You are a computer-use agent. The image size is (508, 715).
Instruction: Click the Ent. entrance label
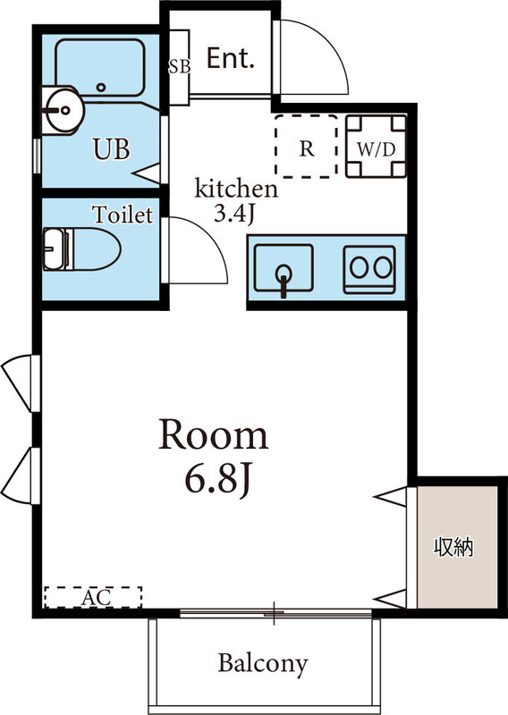[231, 59]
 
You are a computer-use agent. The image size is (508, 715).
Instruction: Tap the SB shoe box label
[178, 66]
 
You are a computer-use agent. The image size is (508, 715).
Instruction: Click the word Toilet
[123, 214]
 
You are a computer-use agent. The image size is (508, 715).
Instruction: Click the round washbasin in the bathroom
[62, 111]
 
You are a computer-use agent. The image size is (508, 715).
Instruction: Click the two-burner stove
[369, 267]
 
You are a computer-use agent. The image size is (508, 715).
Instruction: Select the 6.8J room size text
[216, 480]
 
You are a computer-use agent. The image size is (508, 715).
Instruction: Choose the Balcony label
[263, 663]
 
